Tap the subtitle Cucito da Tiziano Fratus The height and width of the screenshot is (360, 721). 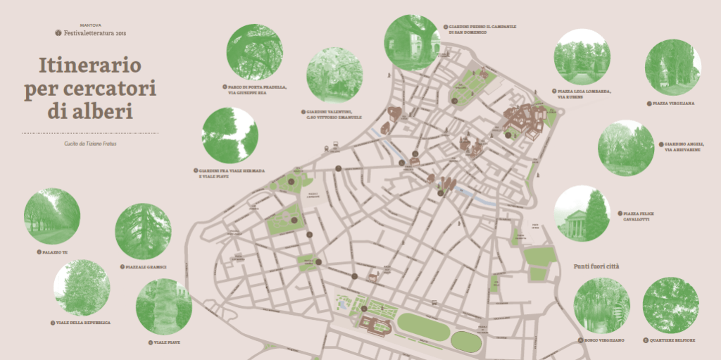tap(89, 144)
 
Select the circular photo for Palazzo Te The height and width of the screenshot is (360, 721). tap(52, 216)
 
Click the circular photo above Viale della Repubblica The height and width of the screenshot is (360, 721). tap(82, 288)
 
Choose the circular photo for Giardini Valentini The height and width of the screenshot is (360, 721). tap(335, 75)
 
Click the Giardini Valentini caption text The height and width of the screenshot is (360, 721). tap(334, 114)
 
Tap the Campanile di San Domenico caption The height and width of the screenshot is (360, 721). tap(482, 29)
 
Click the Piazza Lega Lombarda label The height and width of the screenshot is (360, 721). tap(584, 94)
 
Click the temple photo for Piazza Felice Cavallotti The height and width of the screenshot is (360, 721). tap(582, 213)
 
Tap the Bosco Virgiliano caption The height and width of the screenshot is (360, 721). tap(603, 340)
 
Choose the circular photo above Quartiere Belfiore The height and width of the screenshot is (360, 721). tap(671, 305)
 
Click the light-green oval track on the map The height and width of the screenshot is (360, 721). tap(423, 327)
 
